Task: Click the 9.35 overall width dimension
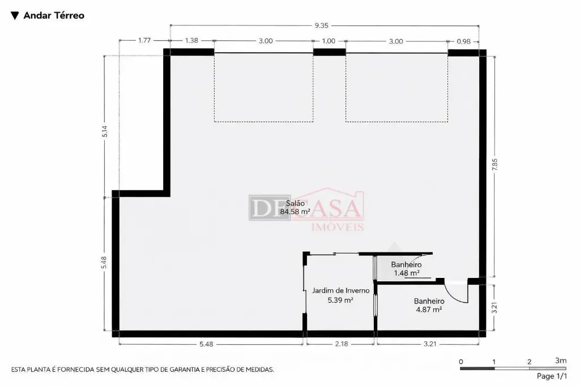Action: click(322, 25)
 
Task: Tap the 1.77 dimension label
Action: click(144, 40)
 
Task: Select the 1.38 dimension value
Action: click(191, 41)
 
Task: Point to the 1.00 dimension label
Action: click(329, 41)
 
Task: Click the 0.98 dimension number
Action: click(463, 41)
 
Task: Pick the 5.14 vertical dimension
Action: click(105, 131)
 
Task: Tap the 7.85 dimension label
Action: click(494, 165)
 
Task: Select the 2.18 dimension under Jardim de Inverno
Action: click(342, 344)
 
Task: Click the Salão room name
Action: click(295, 203)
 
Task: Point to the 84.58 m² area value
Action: click(295, 212)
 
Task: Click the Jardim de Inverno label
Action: click(340, 290)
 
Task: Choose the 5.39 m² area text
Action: click(340, 300)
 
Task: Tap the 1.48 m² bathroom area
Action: click(407, 273)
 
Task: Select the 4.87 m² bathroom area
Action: click(429, 310)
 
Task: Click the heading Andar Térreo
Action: click(54, 15)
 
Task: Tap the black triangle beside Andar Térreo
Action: click(15, 15)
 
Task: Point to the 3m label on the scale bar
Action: click(561, 361)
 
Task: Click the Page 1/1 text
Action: click(552, 376)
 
